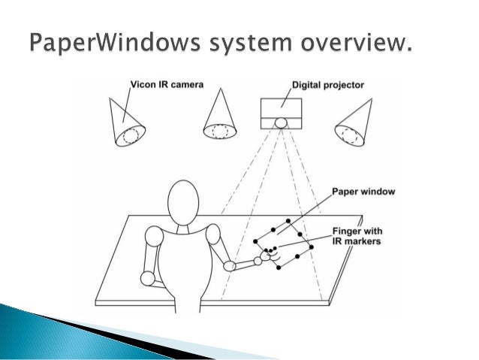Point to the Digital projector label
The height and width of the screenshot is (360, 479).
coord(327,85)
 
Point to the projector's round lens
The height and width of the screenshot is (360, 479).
coord(281,123)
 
